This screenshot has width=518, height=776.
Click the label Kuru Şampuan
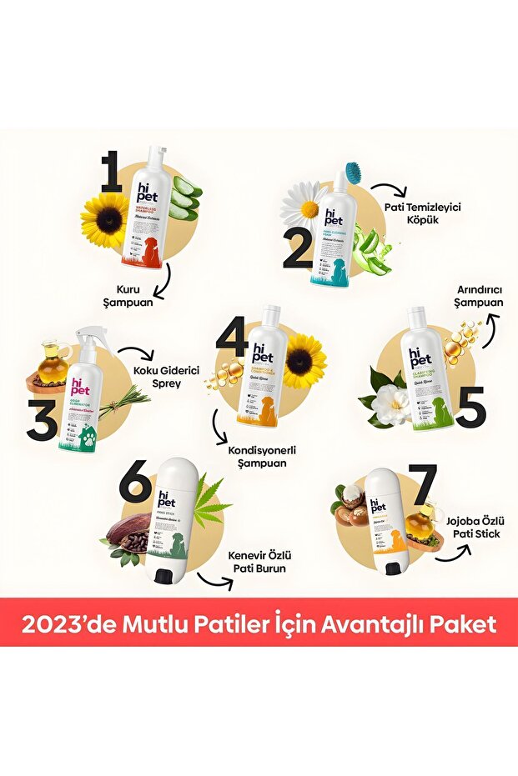pyautogui.click(x=133, y=295)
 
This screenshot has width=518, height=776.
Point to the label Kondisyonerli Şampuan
pyautogui.click(x=263, y=456)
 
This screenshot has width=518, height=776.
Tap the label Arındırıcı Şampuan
pyautogui.click(x=479, y=297)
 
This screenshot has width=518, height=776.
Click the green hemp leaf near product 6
pyautogui.click(x=209, y=500)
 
